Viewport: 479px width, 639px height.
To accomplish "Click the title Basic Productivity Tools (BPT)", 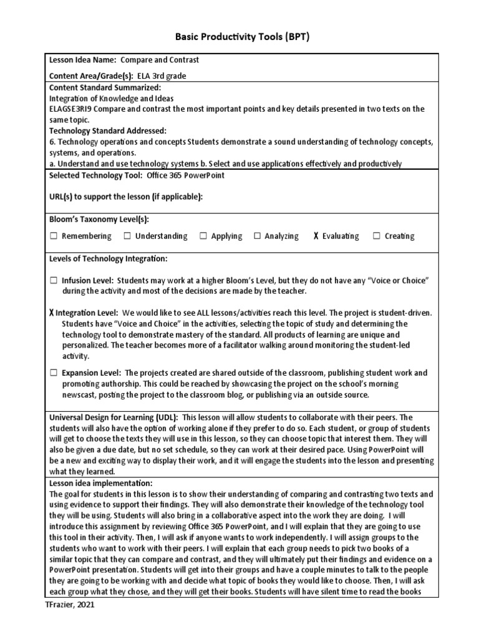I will pyautogui.click(x=239, y=37).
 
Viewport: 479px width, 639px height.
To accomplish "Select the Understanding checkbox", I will pyautogui.click(x=127, y=236).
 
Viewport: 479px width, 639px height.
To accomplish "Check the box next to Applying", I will pyautogui.click(x=203, y=236).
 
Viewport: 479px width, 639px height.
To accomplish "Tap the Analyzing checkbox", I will pyautogui.click(x=257, y=236).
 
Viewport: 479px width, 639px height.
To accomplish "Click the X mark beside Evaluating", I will pyautogui.click(x=316, y=236).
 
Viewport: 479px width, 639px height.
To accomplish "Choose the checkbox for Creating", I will pyautogui.click(x=377, y=236).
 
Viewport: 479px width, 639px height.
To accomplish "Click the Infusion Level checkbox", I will pyautogui.click(x=54, y=281).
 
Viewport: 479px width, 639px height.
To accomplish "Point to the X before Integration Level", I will pyautogui.click(x=51, y=313).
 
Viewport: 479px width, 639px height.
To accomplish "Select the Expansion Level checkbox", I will pyautogui.click(x=54, y=373).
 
